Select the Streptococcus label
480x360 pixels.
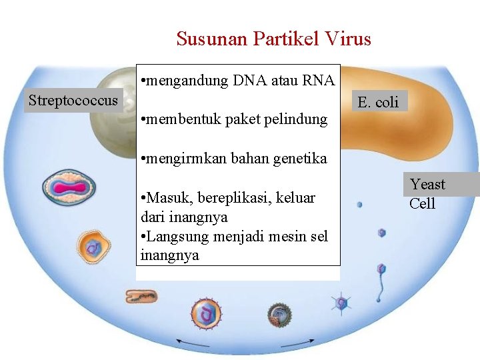pos(73,101)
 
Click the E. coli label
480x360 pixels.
pos(378,102)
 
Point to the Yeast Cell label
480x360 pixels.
pos(427,193)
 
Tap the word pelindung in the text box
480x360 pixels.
pos(297,120)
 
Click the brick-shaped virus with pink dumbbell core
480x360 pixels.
pos(69,188)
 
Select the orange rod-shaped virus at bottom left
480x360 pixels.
pos(141,297)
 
